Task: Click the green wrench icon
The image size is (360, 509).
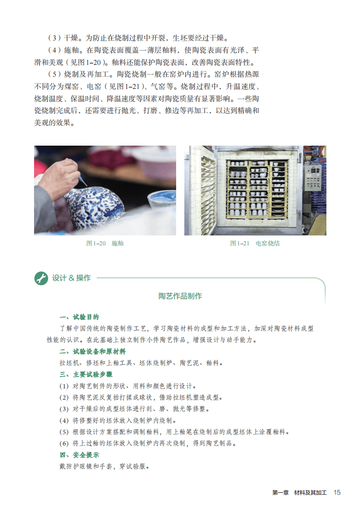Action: click(41, 278)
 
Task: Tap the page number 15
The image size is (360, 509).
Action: click(337, 493)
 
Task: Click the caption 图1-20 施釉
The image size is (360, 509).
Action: click(104, 243)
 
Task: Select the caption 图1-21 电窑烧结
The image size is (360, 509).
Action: click(255, 243)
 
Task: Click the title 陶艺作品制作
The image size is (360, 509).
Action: click(180, 296)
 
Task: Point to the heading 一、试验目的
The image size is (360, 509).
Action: click(79, 317)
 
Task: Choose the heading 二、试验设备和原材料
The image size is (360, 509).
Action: click(93, 351)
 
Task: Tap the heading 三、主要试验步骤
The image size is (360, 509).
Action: click(86, 374)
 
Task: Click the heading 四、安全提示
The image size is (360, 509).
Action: click(79, 455)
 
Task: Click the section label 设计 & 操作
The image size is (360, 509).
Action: click(71, 278)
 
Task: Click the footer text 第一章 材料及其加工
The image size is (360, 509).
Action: click(299, 493)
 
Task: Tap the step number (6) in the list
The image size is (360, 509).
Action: click(64, 443)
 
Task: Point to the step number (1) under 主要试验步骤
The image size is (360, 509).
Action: click(64, 386)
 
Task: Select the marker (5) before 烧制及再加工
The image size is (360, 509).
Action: click(54, 74)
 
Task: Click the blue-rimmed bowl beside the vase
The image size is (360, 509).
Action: click(162, 203)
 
